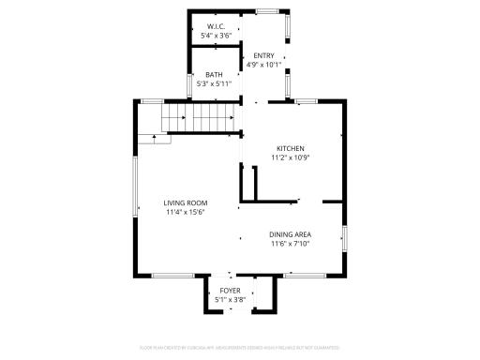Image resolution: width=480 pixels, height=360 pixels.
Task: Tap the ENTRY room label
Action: pyautogui.click(x=263, y=55)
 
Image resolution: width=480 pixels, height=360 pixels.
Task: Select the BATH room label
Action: pyautogui.click(x=215, y=75)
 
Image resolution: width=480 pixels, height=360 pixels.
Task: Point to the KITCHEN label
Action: pyautogui.click(x=290, y=148)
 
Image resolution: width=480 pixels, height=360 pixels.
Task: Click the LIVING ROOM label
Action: pyautogui.click(x=185, y=202)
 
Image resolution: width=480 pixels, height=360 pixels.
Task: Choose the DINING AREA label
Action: pyautogui.click(x=290, y=234)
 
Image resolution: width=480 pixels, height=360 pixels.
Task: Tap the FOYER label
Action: pyautogui.click(x=230, y=291)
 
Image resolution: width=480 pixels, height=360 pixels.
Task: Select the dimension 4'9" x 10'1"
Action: pyautogui.click(x=263, y=66)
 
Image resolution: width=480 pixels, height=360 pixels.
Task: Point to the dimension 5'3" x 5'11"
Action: pyautogui.click(x=215, y=84)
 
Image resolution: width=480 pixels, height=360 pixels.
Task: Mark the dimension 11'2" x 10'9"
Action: pyautogui.click(x=290, y=157)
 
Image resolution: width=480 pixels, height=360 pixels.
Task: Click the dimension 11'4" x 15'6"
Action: pyautogui.click(x=185, y=212)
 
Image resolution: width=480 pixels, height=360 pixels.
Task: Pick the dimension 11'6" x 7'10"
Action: pyautogui.click(x=290, y=244)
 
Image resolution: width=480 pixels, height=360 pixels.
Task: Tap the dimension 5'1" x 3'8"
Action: pyautogui.click(x=230, y=300)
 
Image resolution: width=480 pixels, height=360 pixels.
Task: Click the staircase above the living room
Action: pyautogui.click(x=197, y=117)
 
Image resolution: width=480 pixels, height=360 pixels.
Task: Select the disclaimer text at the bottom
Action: pyautogui.click(x=240, y=348)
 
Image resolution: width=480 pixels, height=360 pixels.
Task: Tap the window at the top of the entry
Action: pyautogui.click(x=269, y=11)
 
